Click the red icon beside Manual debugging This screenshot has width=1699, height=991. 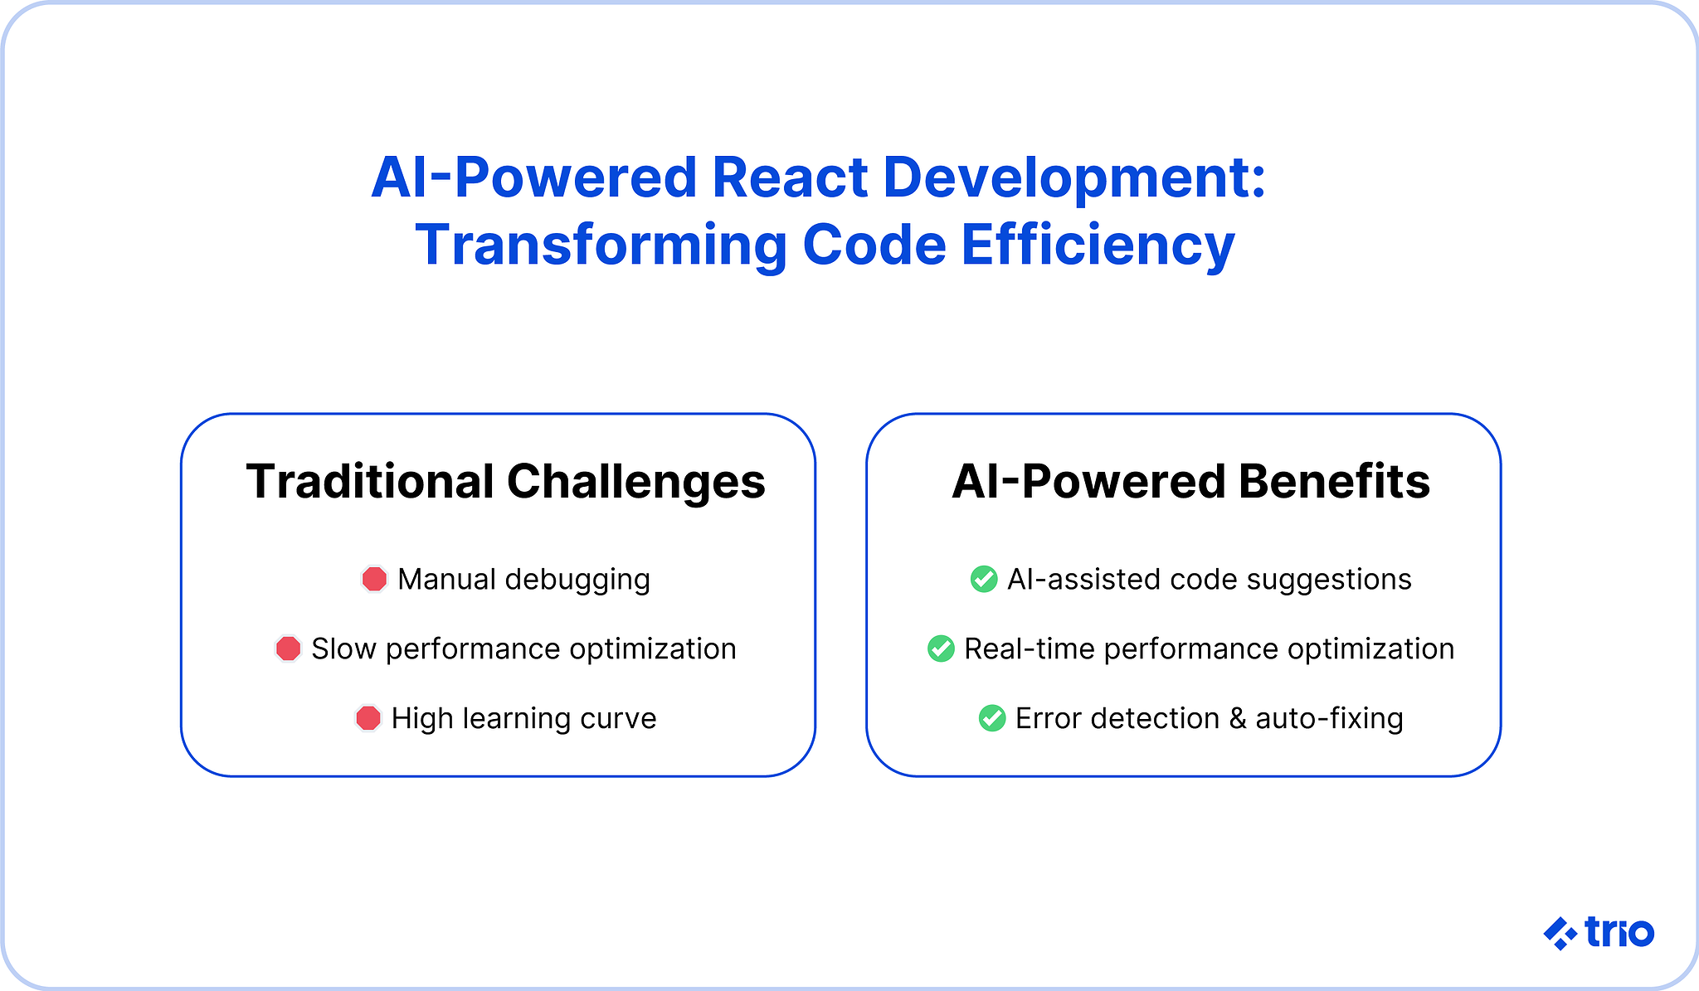(x=374, y=579)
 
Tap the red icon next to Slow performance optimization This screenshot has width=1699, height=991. (x=288, y=649)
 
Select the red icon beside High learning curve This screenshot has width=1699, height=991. (x=368, y=718)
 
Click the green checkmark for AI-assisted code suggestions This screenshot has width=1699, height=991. (x=984, y=579)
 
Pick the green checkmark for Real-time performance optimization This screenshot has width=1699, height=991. (x=941, y=649)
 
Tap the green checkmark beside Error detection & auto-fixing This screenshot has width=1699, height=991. (x=992, y=718)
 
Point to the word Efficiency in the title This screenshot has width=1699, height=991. (x=1098, y=245)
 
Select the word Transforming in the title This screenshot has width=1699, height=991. (x=601, y=245)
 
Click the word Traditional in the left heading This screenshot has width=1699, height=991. (x=370, y=482)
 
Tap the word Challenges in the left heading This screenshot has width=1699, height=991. (x=636, y=482)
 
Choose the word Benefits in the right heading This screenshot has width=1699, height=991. (x=1334, y=482)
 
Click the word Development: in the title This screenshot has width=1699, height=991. (x=1074, y=177)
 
